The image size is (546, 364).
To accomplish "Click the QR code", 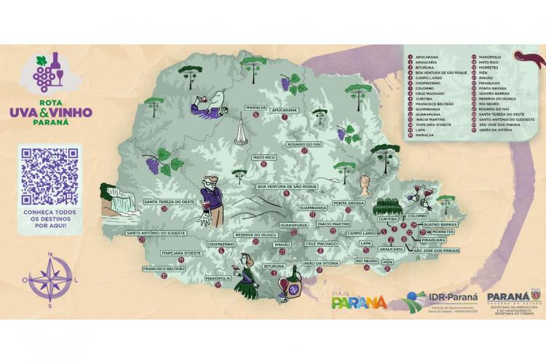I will pos(49,176).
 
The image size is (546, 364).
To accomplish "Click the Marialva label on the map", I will pos(257,106).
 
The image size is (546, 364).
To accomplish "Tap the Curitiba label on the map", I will pos(387,218).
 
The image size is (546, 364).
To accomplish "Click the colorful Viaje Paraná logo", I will pos(359,298).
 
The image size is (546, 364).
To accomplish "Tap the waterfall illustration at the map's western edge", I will pos(121,200).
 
